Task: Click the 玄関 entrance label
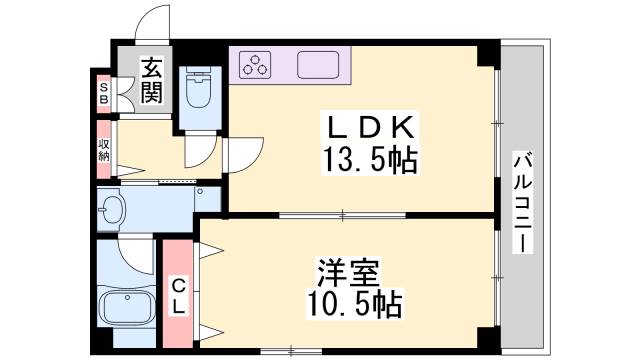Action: (152, 81)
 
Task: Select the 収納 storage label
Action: (104, 150)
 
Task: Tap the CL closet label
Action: (177, 296)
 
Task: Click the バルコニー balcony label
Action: (524, 201)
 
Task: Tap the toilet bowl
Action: (199, 91)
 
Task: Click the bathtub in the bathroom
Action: (127, 309)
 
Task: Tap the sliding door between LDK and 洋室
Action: (340, 215)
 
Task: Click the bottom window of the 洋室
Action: (290, 349)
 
